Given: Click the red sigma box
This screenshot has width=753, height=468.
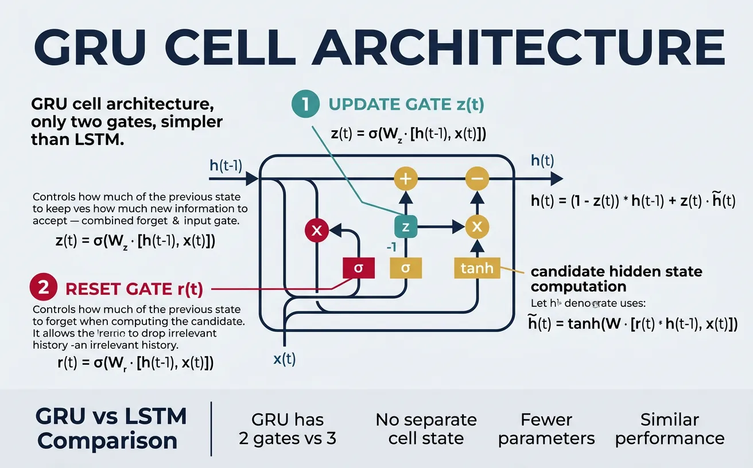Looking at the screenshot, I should point(358,268).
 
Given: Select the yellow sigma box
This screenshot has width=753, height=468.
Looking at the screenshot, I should point(406,268).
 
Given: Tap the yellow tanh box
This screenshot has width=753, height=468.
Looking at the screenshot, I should point(477,268).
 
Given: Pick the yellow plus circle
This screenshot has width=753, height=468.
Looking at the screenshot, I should point(406,178).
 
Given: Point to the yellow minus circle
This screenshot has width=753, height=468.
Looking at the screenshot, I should point(477,178).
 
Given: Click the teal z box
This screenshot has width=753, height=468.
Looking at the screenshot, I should point(406,227).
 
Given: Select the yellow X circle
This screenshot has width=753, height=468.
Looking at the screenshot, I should point(477,227).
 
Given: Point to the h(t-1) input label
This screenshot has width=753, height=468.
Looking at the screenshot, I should point(226,166).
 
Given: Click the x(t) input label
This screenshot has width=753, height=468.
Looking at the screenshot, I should point(284,359).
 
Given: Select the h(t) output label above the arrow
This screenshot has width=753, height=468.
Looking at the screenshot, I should point(542,161).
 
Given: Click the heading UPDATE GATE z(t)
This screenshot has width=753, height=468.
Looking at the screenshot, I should point(406,105).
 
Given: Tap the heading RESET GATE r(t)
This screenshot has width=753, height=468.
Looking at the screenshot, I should point(134,289).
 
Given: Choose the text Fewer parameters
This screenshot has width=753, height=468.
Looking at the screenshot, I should point(546,429).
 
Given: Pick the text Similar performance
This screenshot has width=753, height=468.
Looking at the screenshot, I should point(669,429).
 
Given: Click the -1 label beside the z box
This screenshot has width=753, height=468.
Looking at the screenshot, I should point(391,248).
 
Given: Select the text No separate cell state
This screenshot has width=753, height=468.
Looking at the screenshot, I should point(426,429).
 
